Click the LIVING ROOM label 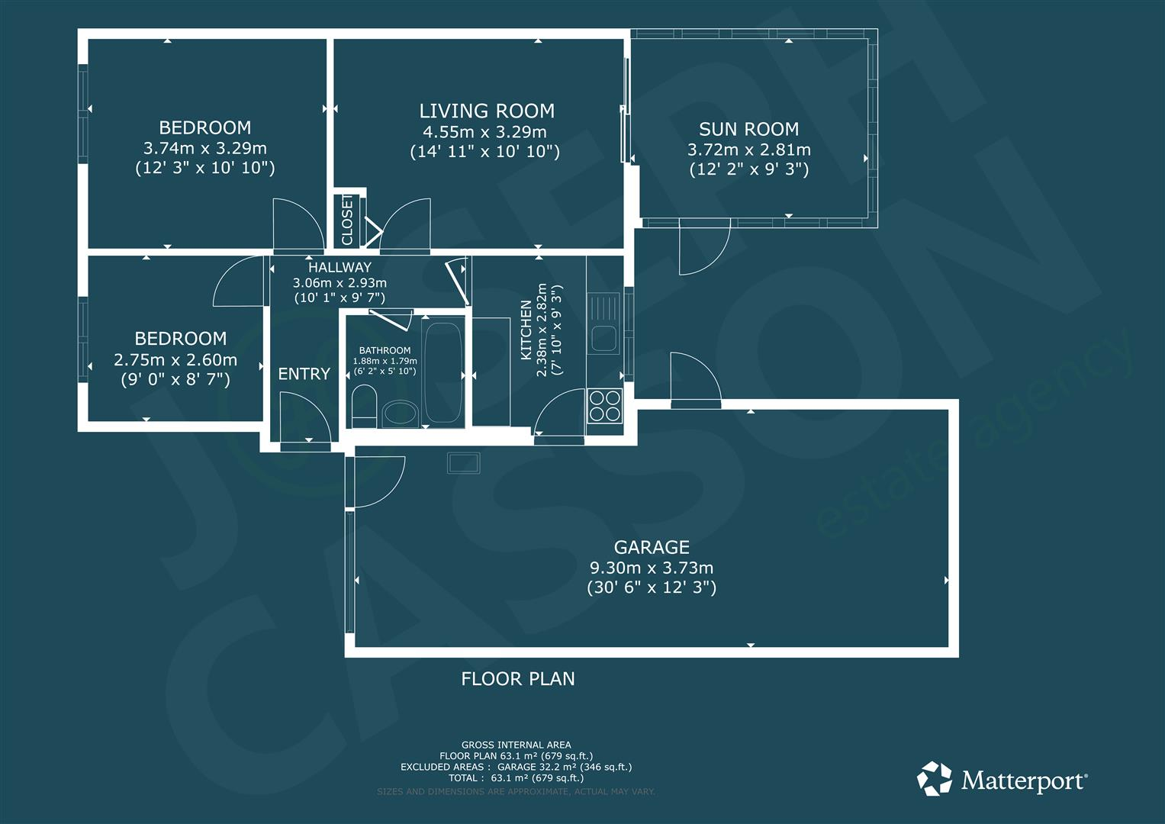pyautogui.click(x=486, y=111)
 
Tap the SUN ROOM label pyautogui.click(x=748, y=130)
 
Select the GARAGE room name pyautogui.click(x=652, y=547)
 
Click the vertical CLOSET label pyautogui.click(x=348, y=220)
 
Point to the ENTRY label pyautogui.click(x=304, y=374)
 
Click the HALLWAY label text pyautogui.click(x=340, y=268)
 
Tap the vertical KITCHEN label pyautogui.click(x=526, y=330)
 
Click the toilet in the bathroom pyautogui.click(x=363, y=406)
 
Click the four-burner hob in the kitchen pyautogui.click(x=604, y=404)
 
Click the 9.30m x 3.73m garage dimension pyautogui.click(x=652, y=568)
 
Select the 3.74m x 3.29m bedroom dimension pyautogui.click(x=204, y=148)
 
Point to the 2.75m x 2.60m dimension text pyautogui.click(x=175, y=359)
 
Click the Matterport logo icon pyautogui.click(x=935, y=779)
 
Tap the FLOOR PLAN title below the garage pyautogui.click(x=518, y=679)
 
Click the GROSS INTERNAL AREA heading pyautogui.click(x=516, y=745)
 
